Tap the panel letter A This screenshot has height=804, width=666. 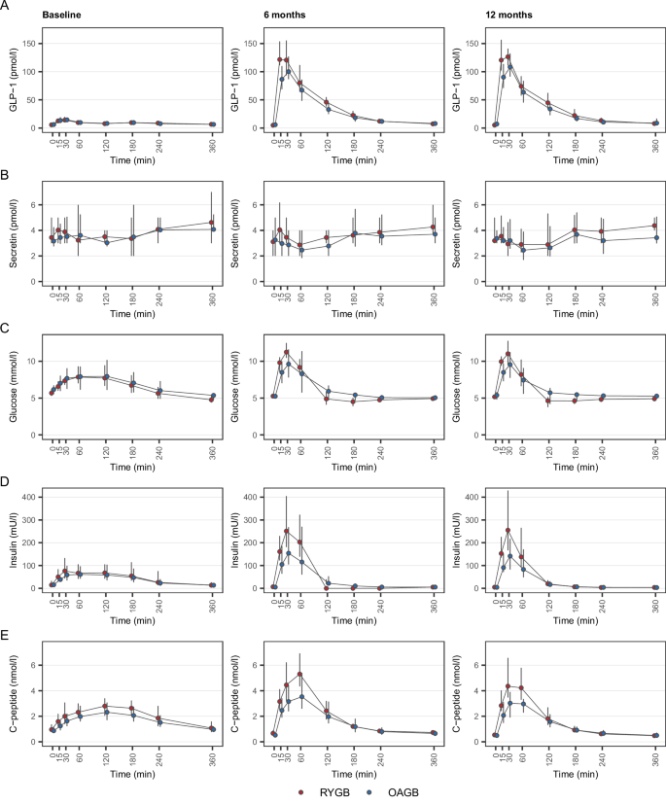(7, 7)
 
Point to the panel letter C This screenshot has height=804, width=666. (7, 329)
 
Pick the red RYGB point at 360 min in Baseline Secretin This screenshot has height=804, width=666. (213, 223)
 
